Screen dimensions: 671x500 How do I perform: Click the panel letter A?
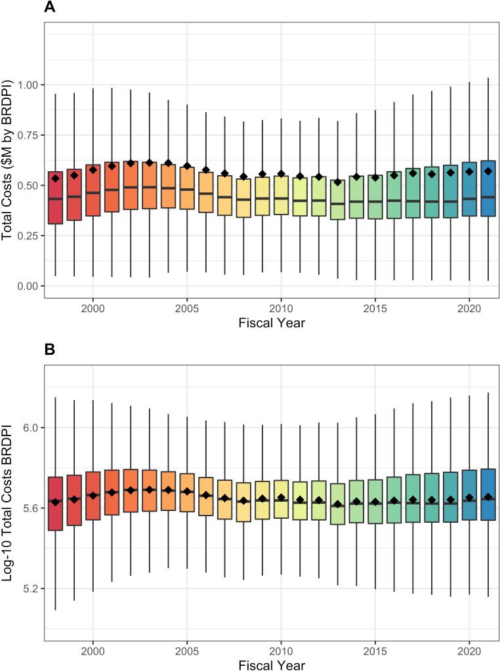(x=50, y=9)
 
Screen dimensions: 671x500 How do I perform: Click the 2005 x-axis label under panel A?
(x=187, y=308)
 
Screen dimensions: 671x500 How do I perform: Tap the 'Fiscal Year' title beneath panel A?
(x=271, y=323)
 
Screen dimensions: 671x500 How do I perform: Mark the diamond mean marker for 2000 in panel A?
(x=93, y=169)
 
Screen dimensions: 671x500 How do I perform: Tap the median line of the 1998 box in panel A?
(x=55, y=199)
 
